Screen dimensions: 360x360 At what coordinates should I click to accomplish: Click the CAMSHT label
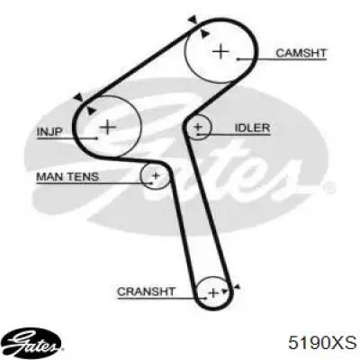point(301,53)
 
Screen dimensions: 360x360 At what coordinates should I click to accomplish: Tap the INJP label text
point(49,131)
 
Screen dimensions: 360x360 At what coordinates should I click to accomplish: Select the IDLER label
point(252,128)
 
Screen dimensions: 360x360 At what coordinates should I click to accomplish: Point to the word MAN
point(49,176)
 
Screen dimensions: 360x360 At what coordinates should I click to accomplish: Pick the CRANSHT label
point(146,292)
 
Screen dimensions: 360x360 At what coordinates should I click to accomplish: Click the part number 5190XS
point(322,343)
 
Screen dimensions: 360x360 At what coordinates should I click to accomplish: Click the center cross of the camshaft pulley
point(220,51)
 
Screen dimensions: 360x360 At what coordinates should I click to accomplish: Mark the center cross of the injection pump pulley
point(108,128)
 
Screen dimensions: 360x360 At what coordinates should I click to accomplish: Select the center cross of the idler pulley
point(198,127)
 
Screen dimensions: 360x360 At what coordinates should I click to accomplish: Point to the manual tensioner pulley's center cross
point(156,175)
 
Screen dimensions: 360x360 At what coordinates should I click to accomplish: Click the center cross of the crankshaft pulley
point(213,292)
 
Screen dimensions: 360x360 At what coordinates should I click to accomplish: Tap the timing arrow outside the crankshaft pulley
point(237,288)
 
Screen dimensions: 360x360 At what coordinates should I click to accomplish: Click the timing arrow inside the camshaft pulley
point(205,33)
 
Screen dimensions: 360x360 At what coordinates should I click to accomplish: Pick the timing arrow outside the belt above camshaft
point(193,20)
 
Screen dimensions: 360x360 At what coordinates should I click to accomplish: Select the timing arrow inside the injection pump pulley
point(91,111)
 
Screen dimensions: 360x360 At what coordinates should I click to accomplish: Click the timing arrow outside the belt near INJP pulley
point(79,97)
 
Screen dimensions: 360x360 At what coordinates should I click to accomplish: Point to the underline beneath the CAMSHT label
point(282,59)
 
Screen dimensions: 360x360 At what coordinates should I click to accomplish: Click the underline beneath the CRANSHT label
point(162,298)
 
